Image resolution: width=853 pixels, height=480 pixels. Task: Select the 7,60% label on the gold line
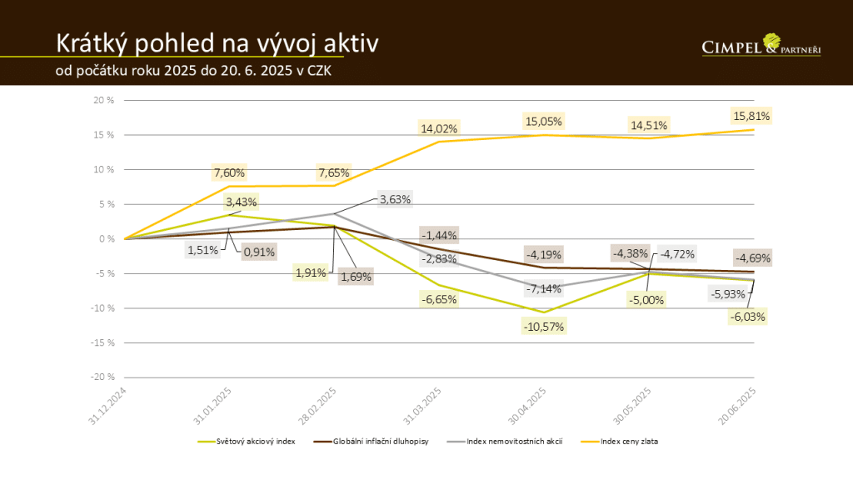click(x=228, y=172)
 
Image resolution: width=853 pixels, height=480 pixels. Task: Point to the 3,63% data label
click(x=395, y=199)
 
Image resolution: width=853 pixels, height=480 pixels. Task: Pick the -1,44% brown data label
click(x=439, y=235)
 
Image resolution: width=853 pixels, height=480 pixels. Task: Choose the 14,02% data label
click(x=439, y=127)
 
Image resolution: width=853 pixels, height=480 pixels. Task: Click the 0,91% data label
click(x=258, y=251)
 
